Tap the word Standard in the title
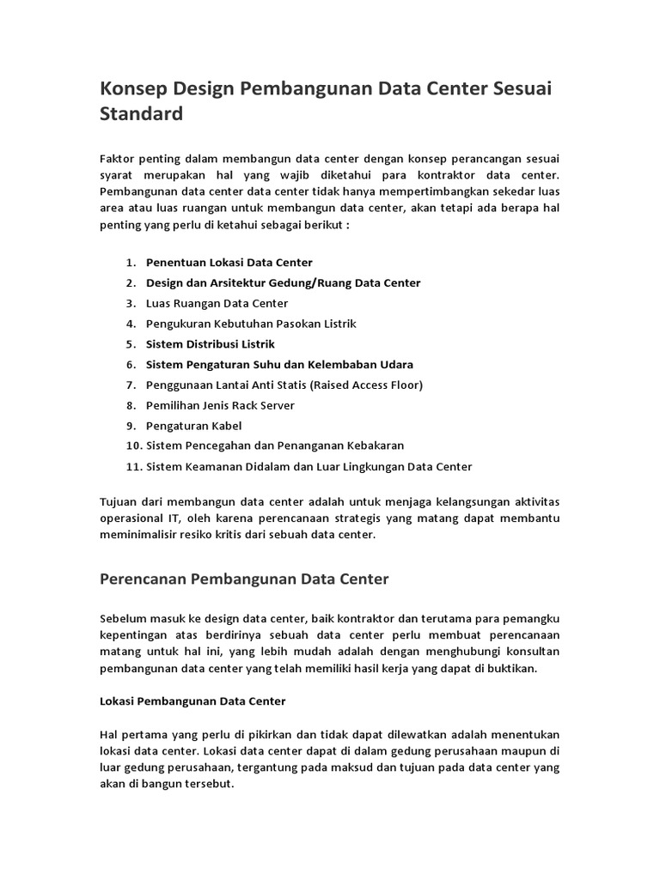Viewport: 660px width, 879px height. click(142, 113)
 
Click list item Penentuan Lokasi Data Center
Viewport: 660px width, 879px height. click(229, 262)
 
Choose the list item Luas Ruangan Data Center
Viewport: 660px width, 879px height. click(217, 303)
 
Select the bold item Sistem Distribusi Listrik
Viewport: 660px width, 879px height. click(211, 344)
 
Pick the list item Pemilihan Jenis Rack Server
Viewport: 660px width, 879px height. click(220, 405)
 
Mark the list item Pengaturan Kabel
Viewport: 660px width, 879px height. click(194, 426)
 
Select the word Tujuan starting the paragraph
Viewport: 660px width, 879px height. click(120, 500)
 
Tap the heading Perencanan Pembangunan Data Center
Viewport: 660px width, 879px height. click(245, 579)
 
